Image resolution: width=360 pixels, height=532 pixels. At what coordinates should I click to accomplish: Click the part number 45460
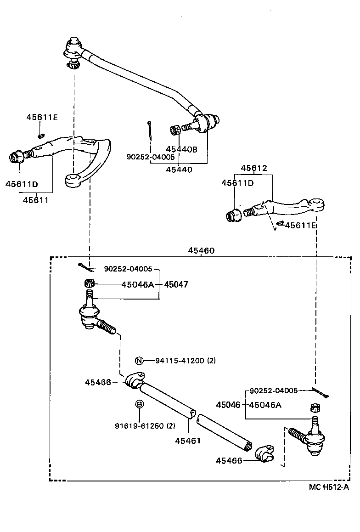[201, 251]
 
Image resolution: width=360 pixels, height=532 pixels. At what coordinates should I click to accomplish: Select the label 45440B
[181, 149]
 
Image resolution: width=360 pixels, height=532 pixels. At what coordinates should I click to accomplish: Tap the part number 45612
[253, 168]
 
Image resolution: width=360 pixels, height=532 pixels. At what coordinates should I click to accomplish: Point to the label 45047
[176, 285]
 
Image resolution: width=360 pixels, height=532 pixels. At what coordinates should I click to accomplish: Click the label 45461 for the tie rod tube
[188, 441]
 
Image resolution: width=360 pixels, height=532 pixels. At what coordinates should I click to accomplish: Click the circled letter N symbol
[140, 361]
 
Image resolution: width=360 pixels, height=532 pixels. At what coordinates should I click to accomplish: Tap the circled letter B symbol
[140, 404]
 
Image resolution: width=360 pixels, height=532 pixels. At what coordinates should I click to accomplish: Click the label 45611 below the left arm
[35, 200]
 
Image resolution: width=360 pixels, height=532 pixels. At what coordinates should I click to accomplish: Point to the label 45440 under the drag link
[179, 170]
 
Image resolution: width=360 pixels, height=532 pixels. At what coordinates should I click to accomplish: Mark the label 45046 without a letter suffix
[228, 405]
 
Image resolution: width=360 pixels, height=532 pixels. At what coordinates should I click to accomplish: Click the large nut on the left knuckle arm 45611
[17, 157]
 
